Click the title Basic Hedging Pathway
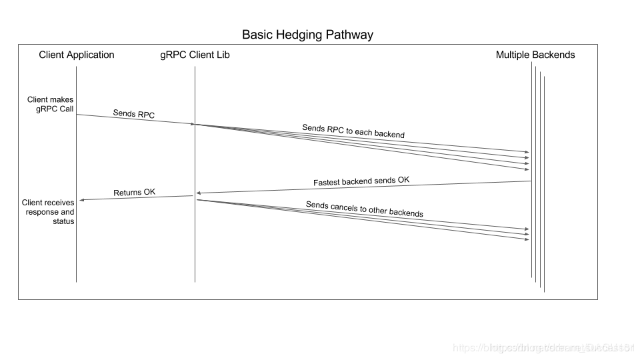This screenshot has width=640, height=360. pos(307,34)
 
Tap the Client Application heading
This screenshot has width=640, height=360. pos(77,55)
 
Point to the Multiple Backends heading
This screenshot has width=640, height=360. pos(535,55)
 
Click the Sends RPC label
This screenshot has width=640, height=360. pos(133,114)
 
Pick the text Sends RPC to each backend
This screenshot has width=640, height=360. pos(353,131)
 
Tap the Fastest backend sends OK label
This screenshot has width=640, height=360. pos(361,181)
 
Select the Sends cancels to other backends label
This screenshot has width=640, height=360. pos(364,209)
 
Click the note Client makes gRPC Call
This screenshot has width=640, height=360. pos(55,105)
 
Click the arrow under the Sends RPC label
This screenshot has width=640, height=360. pos(135,119)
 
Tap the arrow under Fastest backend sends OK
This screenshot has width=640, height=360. pos(363,187)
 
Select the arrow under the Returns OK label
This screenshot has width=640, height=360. pos(135,198)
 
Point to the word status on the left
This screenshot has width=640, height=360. pos(63,221)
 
